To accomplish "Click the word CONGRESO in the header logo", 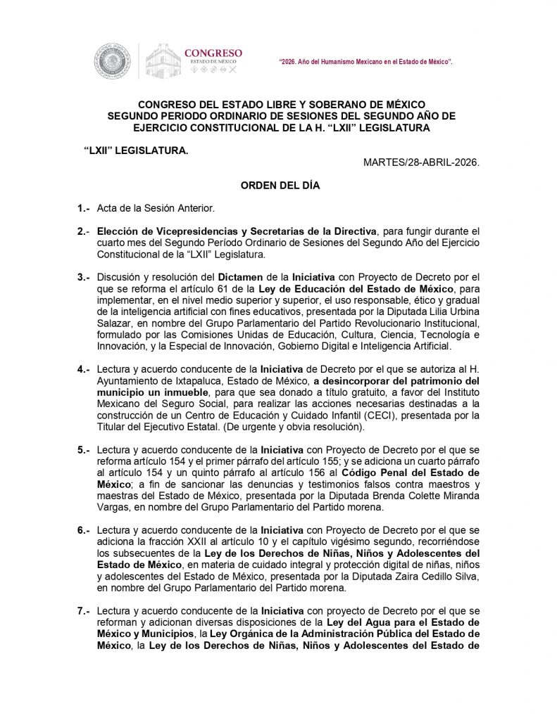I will pyautogui.click(x=213, y=53).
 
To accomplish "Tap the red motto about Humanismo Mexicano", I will pyautogui.click(x=365, y=63).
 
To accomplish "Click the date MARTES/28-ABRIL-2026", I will pyautogui.click(x=421, y=162).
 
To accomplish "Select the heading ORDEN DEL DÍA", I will pyautogui.click(x=280, y=186).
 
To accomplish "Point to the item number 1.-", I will pyautogui.click(x=83, y=209).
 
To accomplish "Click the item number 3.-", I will pyautogui.click(x=83, y=277).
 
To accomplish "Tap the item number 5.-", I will pyautogui.click(x=83, y=448).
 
